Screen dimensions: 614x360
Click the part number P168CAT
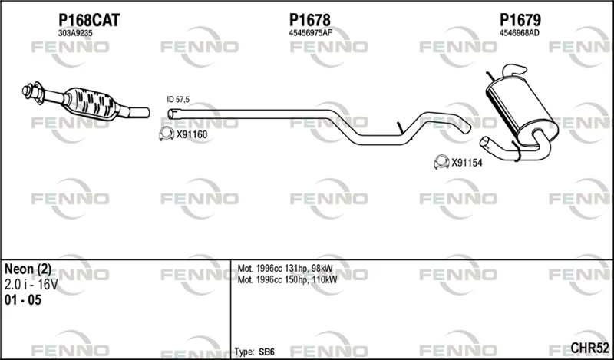tap(89, 20)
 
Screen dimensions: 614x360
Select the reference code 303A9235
tap(75, 33)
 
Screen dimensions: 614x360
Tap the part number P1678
tap(310, 20)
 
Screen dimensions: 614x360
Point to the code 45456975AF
tap(310, 33)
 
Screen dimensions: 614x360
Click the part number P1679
tap(520, 20)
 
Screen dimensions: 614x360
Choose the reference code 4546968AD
tap(519, 33)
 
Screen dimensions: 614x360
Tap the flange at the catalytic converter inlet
tap(33, 93)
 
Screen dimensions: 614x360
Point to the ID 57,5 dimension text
tap(178, 100)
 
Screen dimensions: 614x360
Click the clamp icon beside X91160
tap(167, 134)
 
